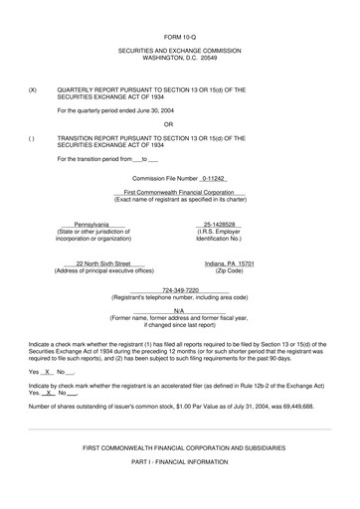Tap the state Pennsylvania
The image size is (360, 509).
tap(91, 225)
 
